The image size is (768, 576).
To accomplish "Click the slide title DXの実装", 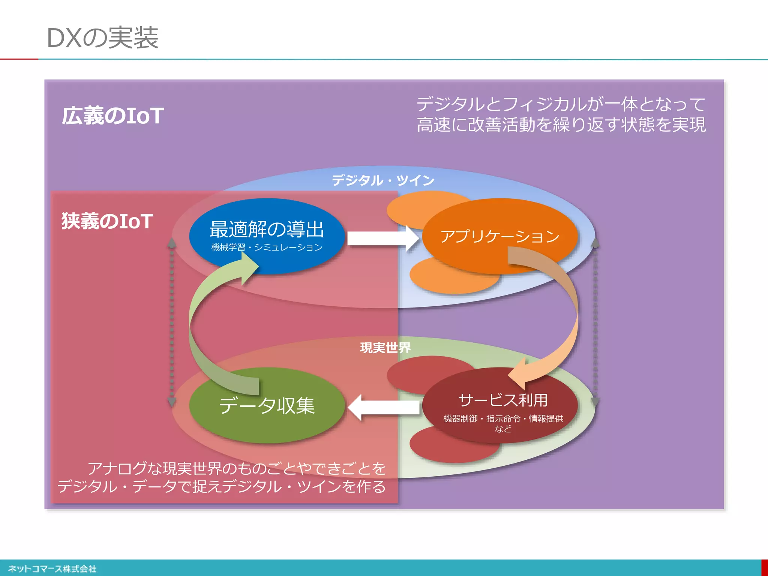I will [102, 38].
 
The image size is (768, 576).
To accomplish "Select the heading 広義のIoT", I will [112, 115].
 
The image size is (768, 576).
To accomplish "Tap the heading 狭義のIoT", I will [107, 221].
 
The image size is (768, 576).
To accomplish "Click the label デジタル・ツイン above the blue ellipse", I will [382, 180].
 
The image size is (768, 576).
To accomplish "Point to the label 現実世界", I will [385, 348].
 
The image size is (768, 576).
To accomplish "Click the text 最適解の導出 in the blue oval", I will [266, 229].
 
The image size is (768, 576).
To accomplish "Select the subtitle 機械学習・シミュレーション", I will [267, 247].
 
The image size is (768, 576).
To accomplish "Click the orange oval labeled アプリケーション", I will [499, 236].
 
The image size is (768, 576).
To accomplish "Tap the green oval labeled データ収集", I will [267, 406].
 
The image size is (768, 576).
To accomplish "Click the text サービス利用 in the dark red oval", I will [502, 400].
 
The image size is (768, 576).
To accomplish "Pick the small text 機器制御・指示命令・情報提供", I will [503, 418].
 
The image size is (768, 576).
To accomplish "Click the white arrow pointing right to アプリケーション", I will [382, 238].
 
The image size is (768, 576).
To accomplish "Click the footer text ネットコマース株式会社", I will [52, 569].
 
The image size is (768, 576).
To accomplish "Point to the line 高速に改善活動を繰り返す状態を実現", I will [561, 124].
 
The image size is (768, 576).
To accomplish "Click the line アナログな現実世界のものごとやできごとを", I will [236, 468].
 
